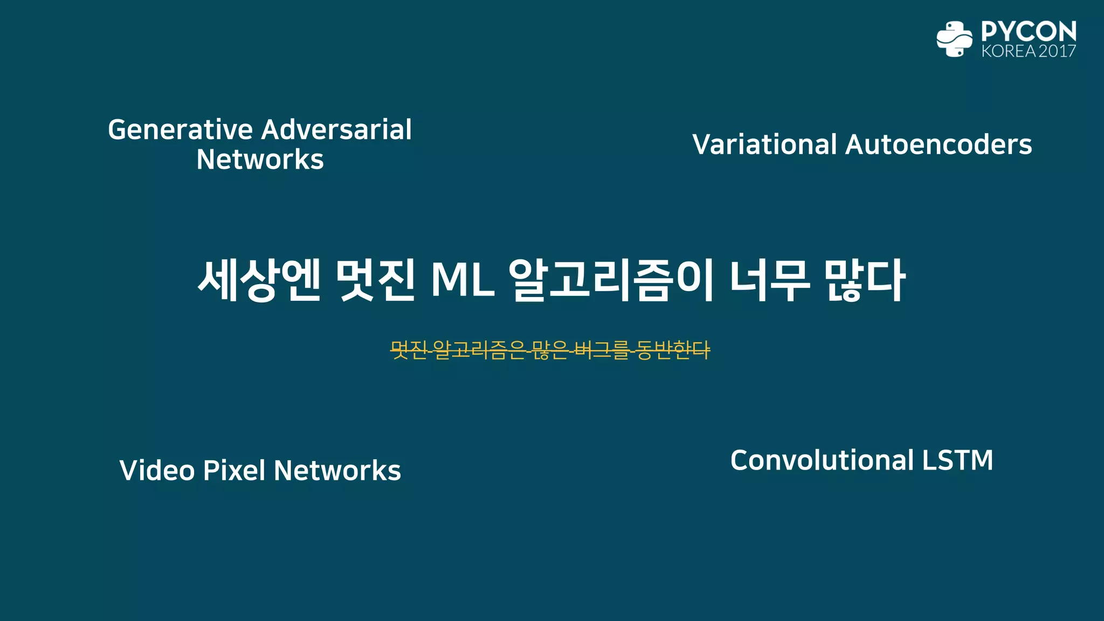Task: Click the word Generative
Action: point(181,130)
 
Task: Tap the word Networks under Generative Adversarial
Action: point(260,160)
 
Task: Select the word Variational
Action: point(764,144)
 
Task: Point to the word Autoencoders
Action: point(939,144)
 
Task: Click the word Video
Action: point(157,470)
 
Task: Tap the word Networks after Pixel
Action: point(337,470)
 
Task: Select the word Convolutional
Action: point(822,460)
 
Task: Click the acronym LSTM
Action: point(957,460)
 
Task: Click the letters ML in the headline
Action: point(463,280)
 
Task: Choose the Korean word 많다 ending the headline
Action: point(865,280)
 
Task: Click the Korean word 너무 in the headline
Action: point(770,280)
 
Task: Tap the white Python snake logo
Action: point(954,39)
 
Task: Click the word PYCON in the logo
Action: point(1029,32)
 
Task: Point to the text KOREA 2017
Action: point(1029,51)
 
